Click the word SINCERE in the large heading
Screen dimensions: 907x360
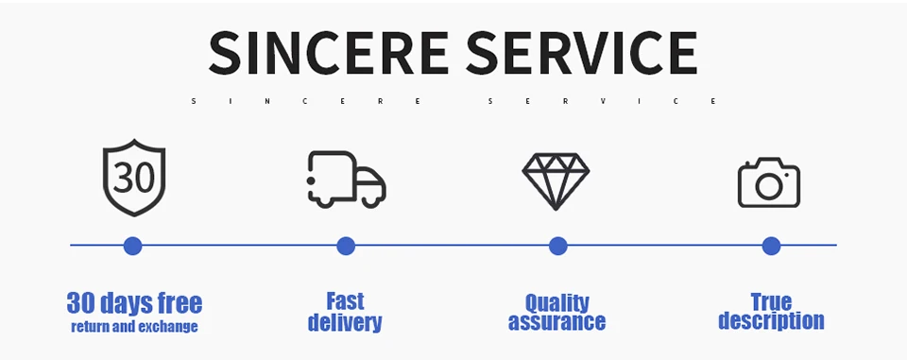coord(328,53)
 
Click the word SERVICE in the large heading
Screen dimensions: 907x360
coord(581,53)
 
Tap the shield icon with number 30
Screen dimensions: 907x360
coord(134,178)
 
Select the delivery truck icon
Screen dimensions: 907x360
coord(347,179)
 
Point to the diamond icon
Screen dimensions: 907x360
coord(556,181)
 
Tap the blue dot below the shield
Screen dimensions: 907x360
coord(132,246)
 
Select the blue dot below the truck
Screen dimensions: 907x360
coord(346,246)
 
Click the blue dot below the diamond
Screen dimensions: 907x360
coord(557,246)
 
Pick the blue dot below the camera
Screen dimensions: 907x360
coord(771,246)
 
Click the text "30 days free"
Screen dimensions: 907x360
coord(135,303)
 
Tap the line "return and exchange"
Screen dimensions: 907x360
coord(134,327)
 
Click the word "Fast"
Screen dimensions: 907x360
coord(346,301)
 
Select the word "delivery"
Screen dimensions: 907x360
coord(345,322)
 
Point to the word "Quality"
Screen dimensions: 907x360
coord(557,302)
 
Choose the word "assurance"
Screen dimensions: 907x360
coord(557,321)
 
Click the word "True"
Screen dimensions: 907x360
coord(771,301)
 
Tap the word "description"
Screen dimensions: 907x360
coord(771,321)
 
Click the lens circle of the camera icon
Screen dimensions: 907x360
coord(769,186)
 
